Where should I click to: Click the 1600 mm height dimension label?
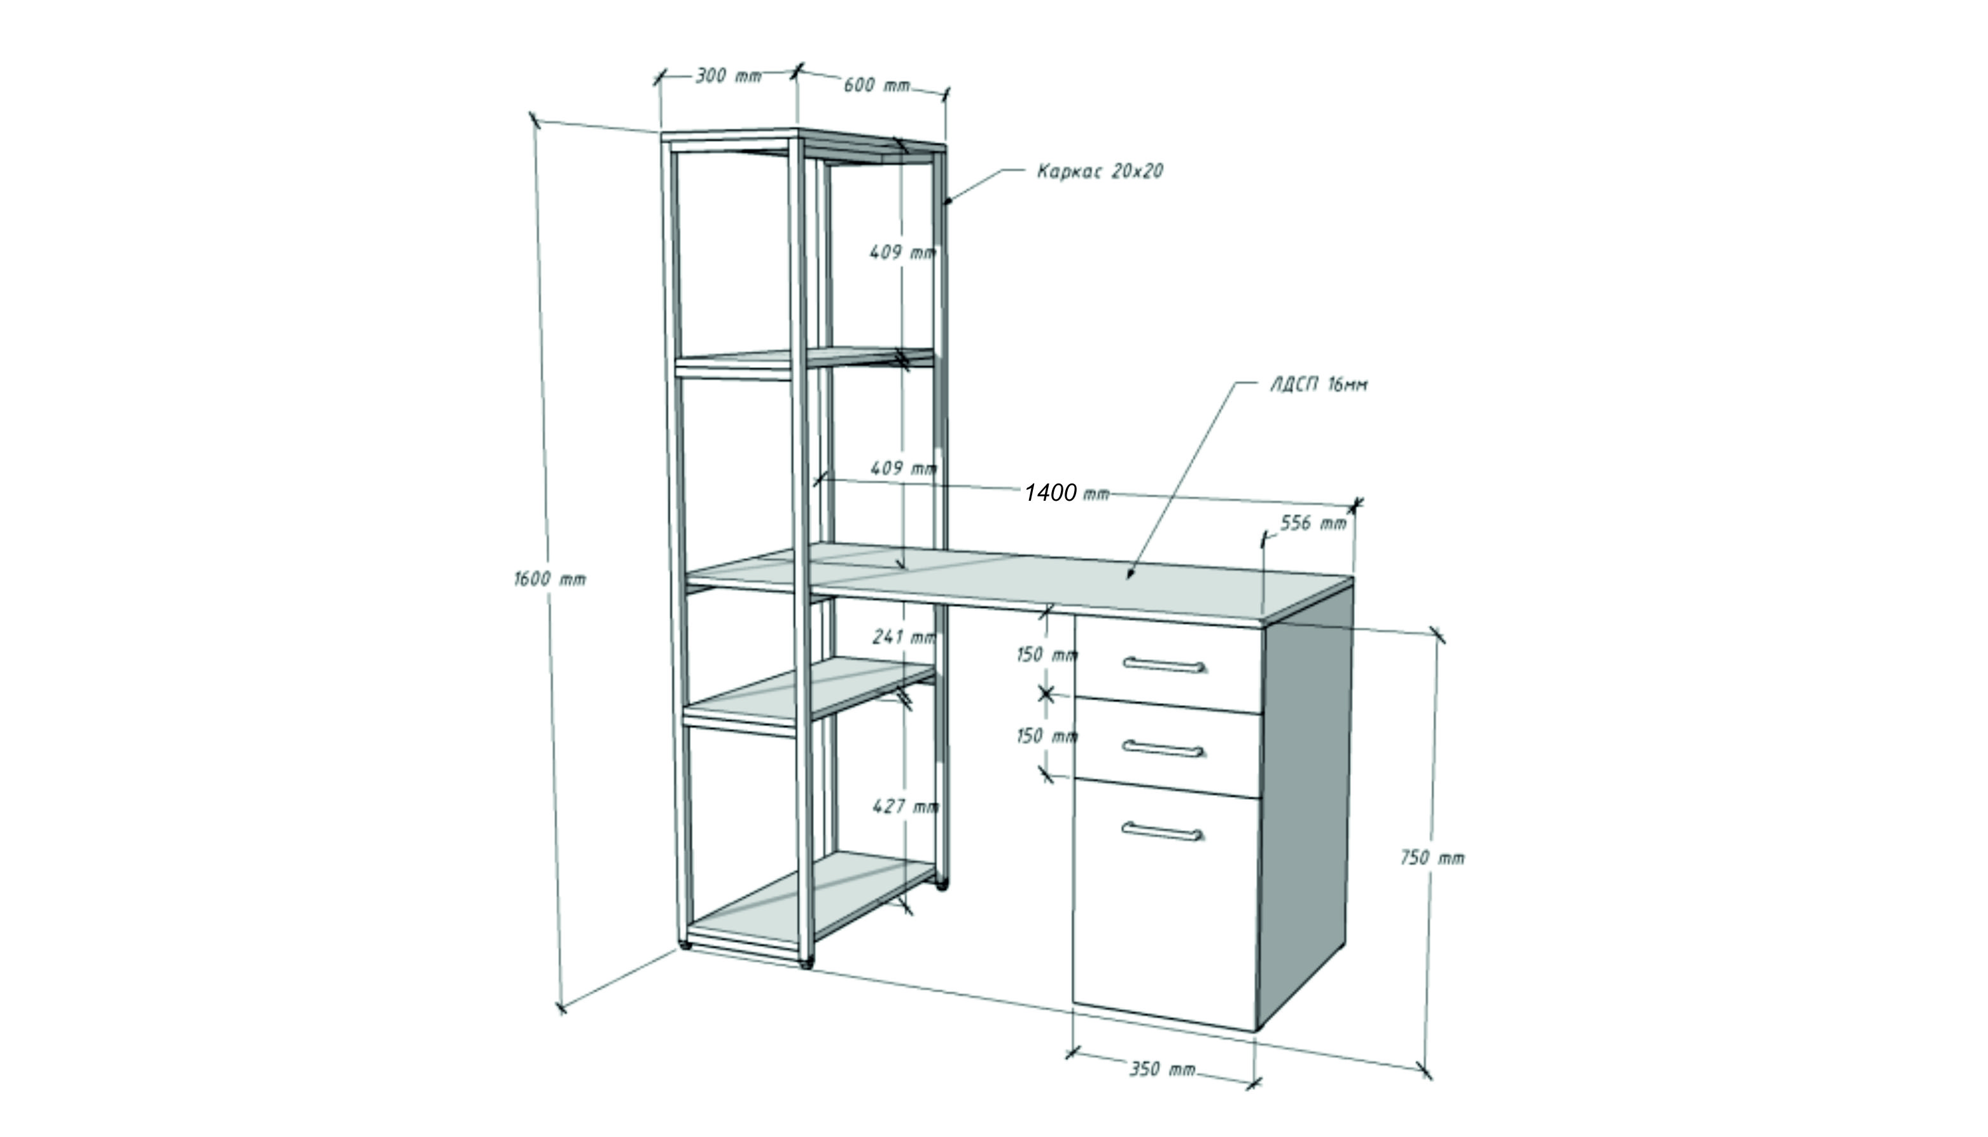(x=550, y=578)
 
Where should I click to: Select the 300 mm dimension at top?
(x=729, y=76)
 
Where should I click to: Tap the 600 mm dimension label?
(x=877, y=85)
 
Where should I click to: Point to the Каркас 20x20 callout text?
(x=1100, y=171)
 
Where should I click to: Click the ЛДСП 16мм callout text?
(x=1319, y=385)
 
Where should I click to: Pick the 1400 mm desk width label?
(x=1067, y=492)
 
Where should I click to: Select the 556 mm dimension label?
(x=1313, y=522)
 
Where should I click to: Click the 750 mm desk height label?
(x=1432, y=858)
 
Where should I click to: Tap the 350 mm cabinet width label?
(x=1162, y=1068)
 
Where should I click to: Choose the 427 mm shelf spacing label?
(x=906, y=806)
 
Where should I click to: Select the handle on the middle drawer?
(x=1163, y=748)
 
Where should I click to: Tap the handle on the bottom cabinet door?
(x=1163, y=831)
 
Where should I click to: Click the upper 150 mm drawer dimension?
(x=1047, y=655)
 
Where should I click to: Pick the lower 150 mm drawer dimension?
(x=1047, y=736)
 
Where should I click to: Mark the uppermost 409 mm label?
(x=902, y=252)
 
